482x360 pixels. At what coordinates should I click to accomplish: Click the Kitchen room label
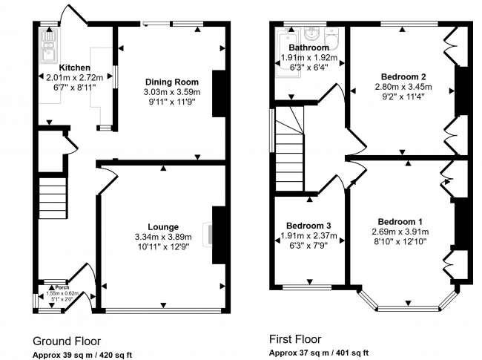[x=74, y=67]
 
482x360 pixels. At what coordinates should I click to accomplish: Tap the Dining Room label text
[x=171, y=82]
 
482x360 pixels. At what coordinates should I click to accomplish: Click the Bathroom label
[x=308, y=48]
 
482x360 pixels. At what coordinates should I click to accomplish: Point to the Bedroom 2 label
[x=402, y=76]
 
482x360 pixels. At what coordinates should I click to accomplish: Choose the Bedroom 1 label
[x=400, y=221]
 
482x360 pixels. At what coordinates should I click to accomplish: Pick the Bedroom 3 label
[x=308, y=226]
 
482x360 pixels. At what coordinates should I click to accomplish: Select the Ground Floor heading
[x=67, y=341]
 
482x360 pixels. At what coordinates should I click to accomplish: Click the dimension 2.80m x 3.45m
[x=402, y=86]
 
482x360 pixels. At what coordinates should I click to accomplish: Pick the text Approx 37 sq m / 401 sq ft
[x=318, y=352]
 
